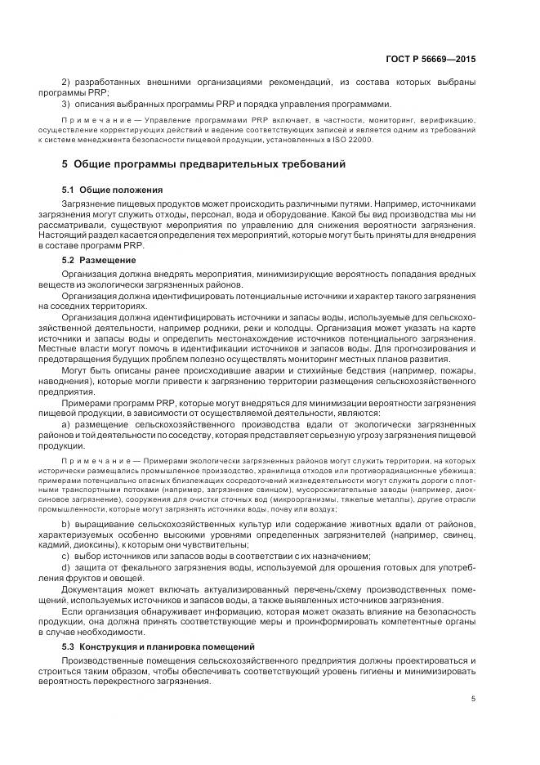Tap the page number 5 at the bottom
click(x=473, y=698)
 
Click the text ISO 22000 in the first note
click(x=350, y=141)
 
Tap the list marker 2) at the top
click(x=66, y=83)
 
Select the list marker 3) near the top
click(x=66, y=104)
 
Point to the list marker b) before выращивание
click(x=66, y=523)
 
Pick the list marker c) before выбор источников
click(x=66, y=555)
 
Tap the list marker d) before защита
click(x=66, y=566)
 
